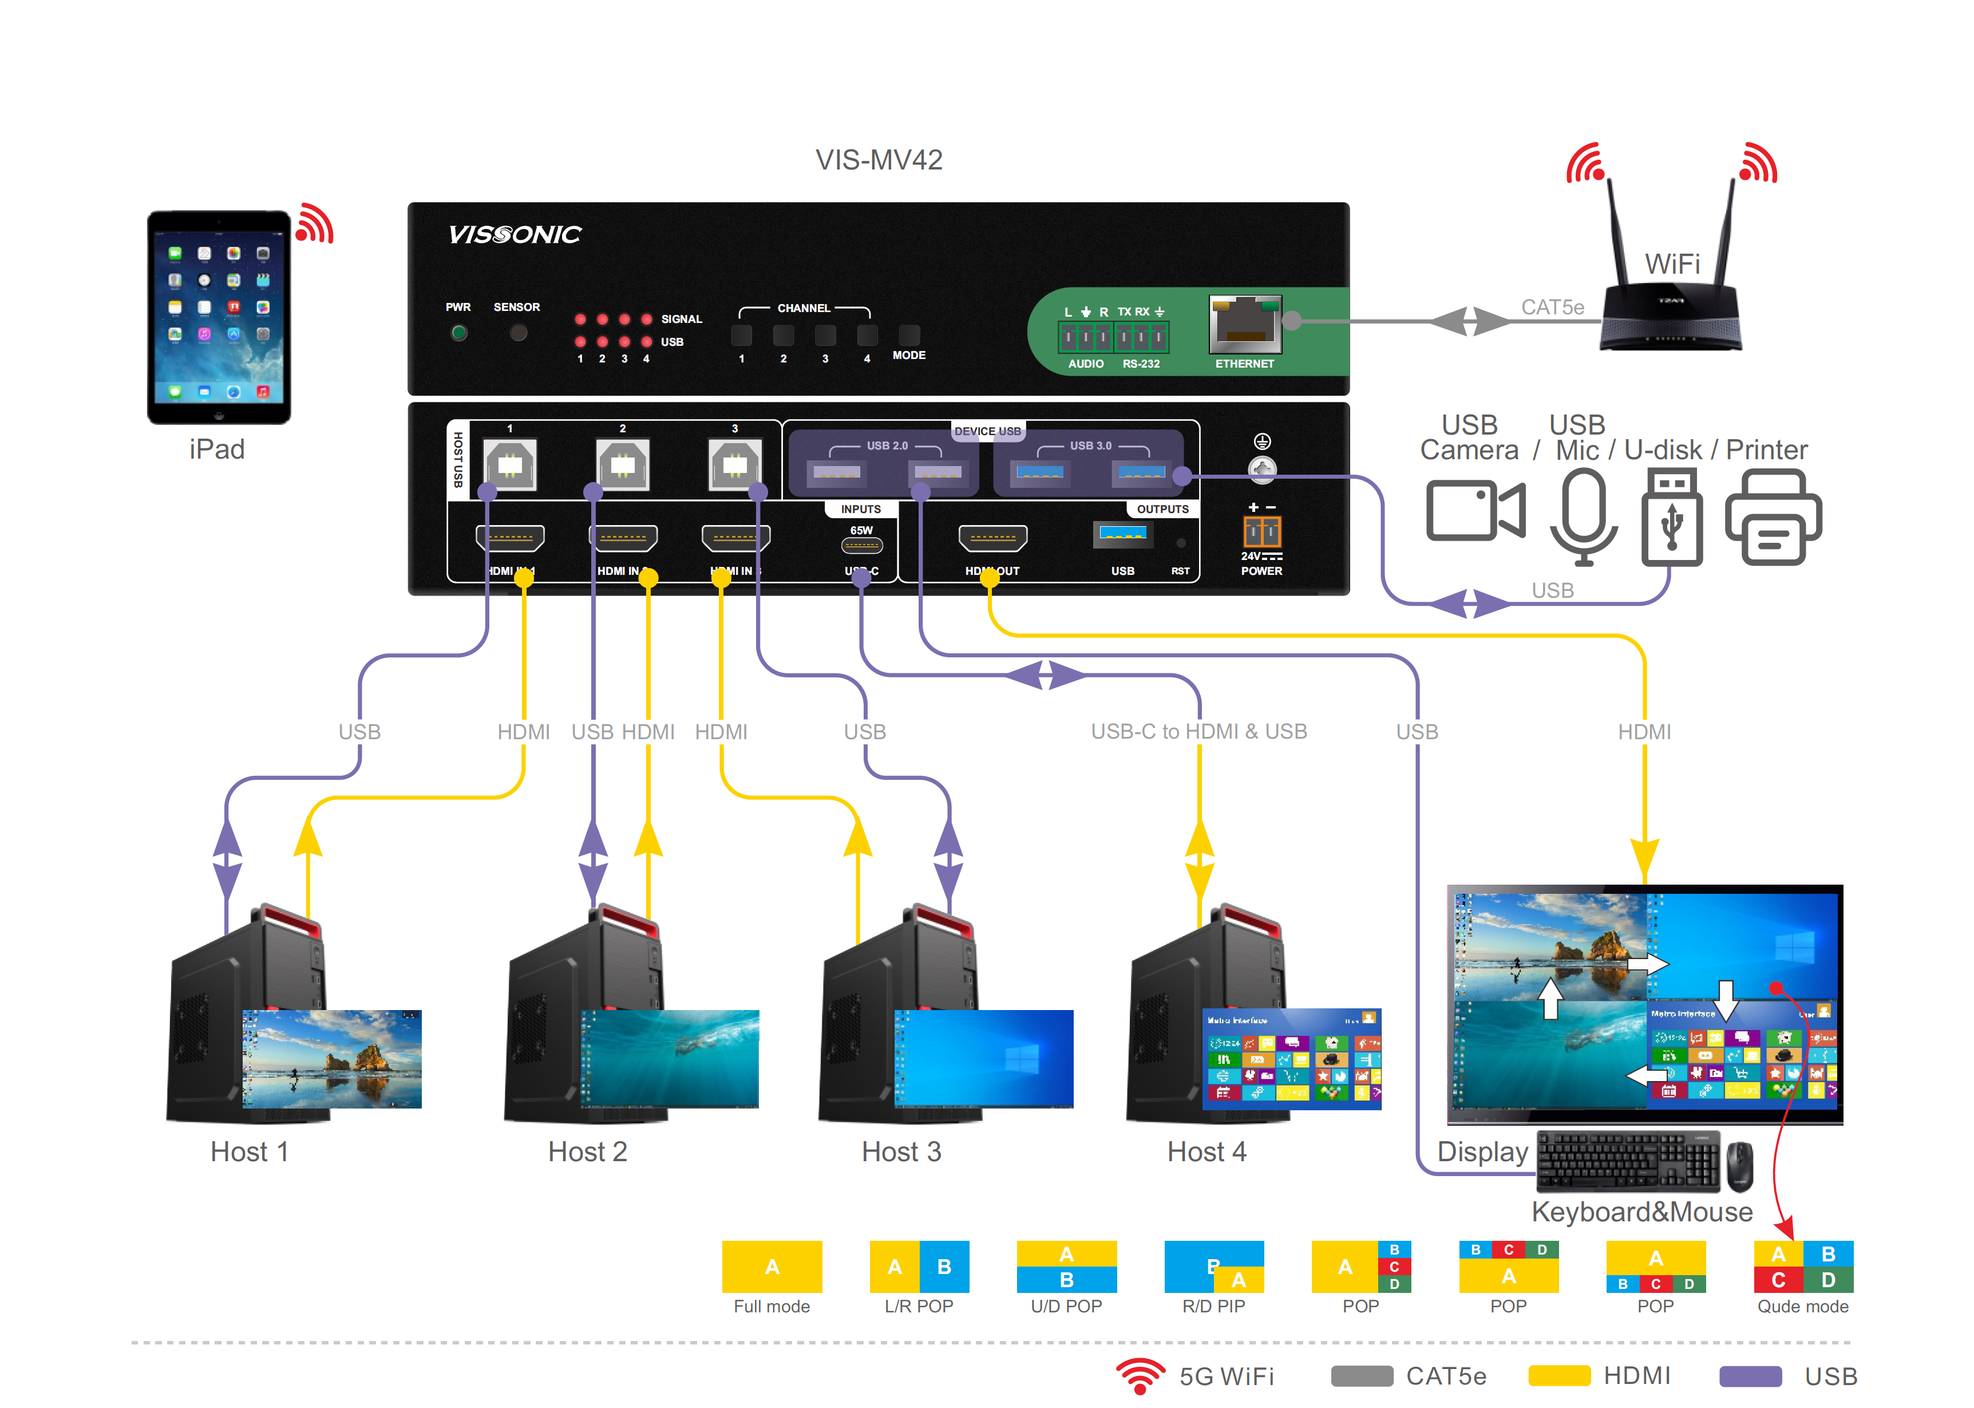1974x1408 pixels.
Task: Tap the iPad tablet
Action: click(219, 317)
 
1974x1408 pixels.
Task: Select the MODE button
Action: click(908, 334)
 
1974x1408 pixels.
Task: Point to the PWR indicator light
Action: click(458, 333)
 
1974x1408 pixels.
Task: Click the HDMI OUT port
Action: click(992, 538)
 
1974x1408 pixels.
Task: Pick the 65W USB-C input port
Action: click(861, 545)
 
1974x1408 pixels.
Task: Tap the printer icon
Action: click(1773, 518)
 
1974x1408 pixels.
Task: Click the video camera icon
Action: click(1475, 511)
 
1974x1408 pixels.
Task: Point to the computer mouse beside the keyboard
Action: click(1739, 1166)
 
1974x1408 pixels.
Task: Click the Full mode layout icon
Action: click(772, 1267)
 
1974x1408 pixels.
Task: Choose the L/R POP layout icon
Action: click(919, 1267)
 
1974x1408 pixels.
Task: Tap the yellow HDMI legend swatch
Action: click(1559, 1376)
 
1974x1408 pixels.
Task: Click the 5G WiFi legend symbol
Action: click(1140, 1375)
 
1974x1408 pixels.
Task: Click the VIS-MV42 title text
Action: click(878, 160)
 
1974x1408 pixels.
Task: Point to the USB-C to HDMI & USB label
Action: click(1198, 732)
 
